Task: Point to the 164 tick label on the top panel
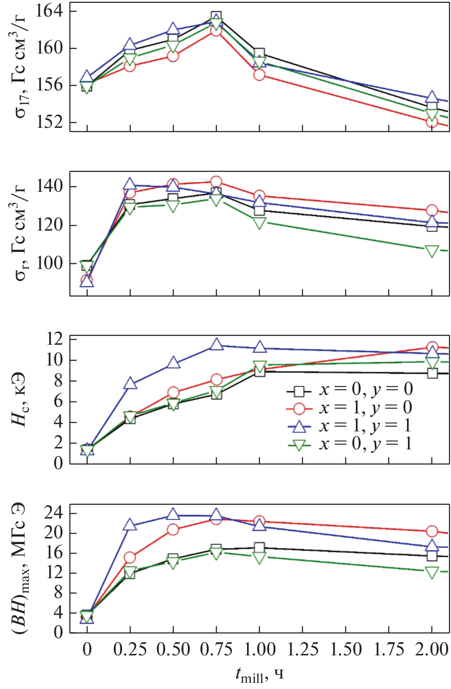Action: [50, 11]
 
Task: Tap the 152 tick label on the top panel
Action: [50, 122]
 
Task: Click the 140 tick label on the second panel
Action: [50, 186]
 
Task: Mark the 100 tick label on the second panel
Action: [50, 263]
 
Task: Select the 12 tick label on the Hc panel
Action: [55, 339]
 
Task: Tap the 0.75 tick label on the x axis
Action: [216, 649]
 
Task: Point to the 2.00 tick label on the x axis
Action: [432, 649]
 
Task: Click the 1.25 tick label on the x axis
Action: [302, 649]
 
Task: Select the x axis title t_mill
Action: [259, 675]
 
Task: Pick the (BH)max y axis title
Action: [20, 568]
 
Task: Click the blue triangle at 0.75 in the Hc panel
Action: [216, 344]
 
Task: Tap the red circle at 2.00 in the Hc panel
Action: [432, 347]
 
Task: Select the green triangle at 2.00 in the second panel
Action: [432, 251]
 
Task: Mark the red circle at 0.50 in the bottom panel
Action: [173, 529]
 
